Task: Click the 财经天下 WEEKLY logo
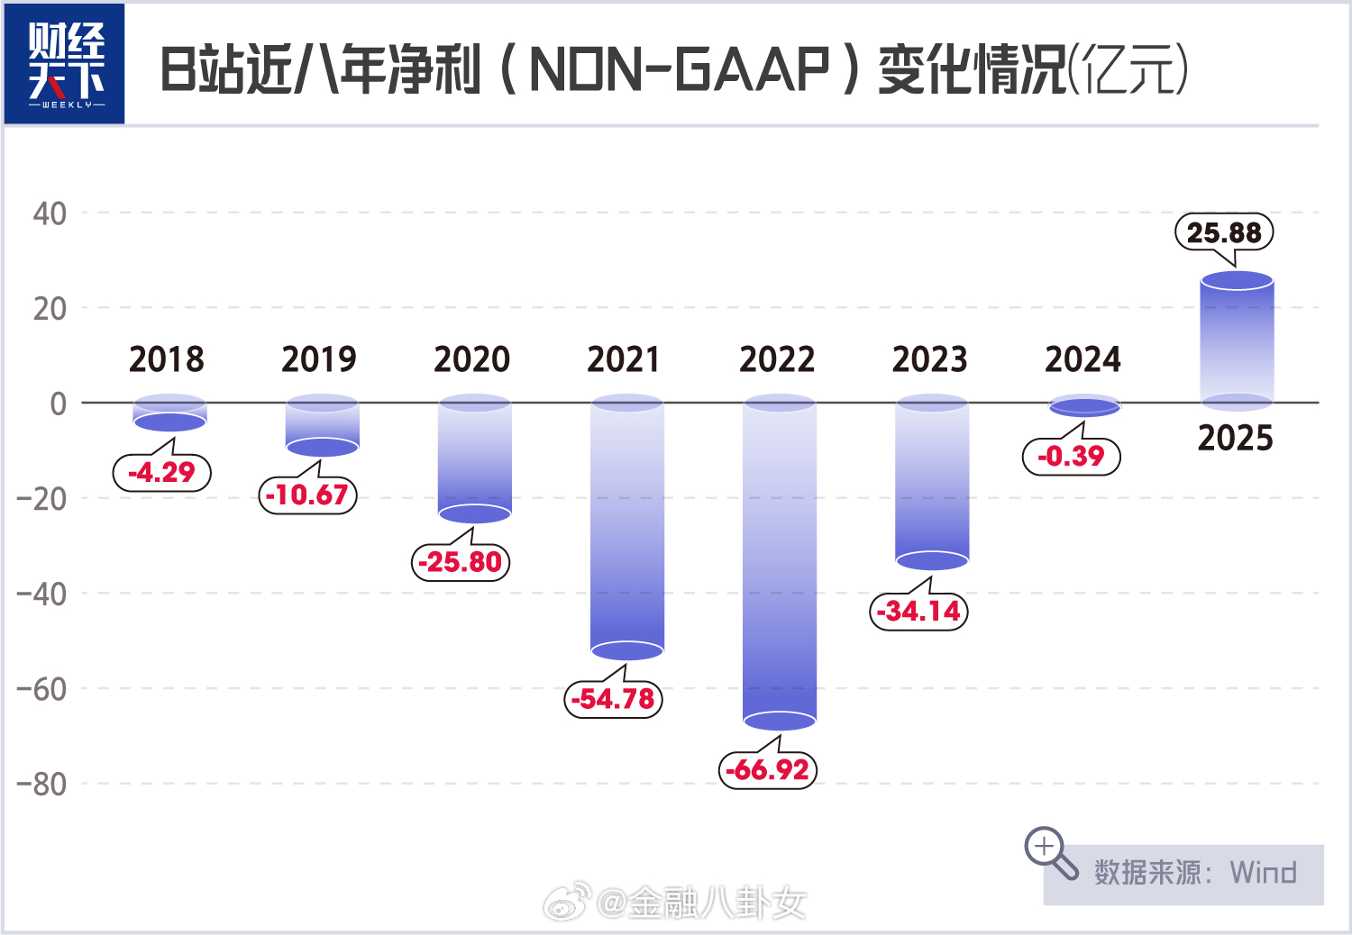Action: [x=65, y=64]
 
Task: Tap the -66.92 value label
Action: [x=768, y=770]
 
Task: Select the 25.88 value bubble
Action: [x=1224, y=232]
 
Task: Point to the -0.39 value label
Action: [x=1071, y=456]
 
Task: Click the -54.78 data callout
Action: [x=613, y=699]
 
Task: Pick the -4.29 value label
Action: [x=161, y=472]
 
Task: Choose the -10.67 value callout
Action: [x=307, y=495]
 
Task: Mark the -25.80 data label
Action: [x=461, y=562]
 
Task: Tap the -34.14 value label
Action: [x=918, y=612]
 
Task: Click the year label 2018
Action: [x=167, y=359]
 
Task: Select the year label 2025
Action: [x=1235, y=439]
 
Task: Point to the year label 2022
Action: [x=777, y=359]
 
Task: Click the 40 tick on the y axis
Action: [x=50, y=213]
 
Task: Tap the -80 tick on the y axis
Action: [x=41, y=785]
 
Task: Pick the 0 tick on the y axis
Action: [x=58, y=404]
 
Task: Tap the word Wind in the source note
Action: [x=1263, y=873]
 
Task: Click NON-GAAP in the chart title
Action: [x=680, y=69]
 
